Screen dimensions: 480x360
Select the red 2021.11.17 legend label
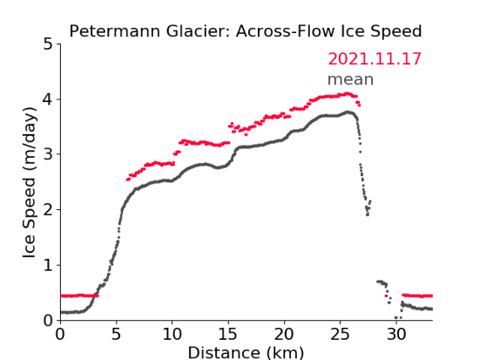[375, 59]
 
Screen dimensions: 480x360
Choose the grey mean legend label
[351, 79]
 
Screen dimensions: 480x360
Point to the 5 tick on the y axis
[48, 44]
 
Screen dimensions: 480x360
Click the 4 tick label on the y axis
[48, 99]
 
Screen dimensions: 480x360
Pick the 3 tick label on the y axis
[48, 154]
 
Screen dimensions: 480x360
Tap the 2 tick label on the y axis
[48, 210]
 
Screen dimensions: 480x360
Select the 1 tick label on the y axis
[48, 266]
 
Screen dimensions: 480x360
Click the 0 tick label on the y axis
[48, 320]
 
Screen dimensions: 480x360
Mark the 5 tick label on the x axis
[116, 335]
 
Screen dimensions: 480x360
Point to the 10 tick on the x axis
[172, 335]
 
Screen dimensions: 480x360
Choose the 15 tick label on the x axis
[228, 335]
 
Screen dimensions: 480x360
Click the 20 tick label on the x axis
[284, 335]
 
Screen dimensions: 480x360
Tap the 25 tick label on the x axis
[340, 335]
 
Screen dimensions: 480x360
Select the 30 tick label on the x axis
[396, 335]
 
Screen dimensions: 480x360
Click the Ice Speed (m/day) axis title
[30, 183]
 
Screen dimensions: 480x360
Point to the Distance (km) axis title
[245, 352]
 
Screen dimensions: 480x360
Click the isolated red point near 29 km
[386, 296]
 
